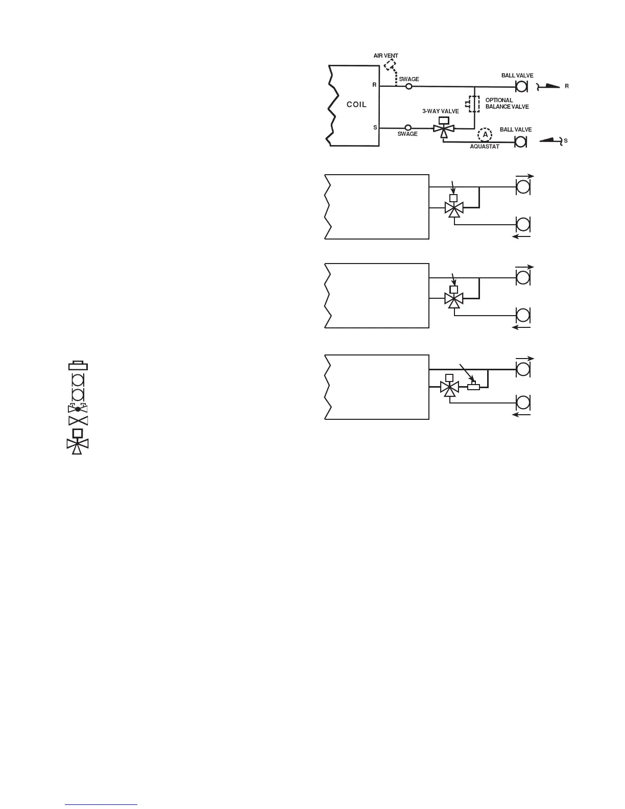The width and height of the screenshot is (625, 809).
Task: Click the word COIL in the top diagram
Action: (x=356, y=105)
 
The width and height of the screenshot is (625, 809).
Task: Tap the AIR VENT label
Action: (x=386, y=56)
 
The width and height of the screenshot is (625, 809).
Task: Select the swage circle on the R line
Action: (x=409, y=87)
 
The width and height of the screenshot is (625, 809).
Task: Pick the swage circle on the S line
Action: (x=408, y=127)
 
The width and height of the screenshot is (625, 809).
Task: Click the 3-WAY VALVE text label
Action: (x=441, y=111)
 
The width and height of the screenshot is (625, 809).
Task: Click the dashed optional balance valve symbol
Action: (x=474, y=104)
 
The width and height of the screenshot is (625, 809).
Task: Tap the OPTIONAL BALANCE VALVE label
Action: (x=507, y=104)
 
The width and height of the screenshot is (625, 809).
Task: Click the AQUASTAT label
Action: (x=484, y=147)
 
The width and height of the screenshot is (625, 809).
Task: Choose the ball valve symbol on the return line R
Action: (x=521, y=86)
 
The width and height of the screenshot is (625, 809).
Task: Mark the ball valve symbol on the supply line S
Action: (x=521, y=141)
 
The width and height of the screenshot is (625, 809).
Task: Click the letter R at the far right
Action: (x=566, y=87)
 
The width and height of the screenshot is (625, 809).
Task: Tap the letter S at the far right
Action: (x=565, y=140)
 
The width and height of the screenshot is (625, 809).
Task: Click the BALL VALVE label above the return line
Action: (x=517, y=76)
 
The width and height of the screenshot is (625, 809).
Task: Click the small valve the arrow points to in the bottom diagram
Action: (x=473, y=387)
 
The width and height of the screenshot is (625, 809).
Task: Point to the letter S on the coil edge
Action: (x=375, y=128)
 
